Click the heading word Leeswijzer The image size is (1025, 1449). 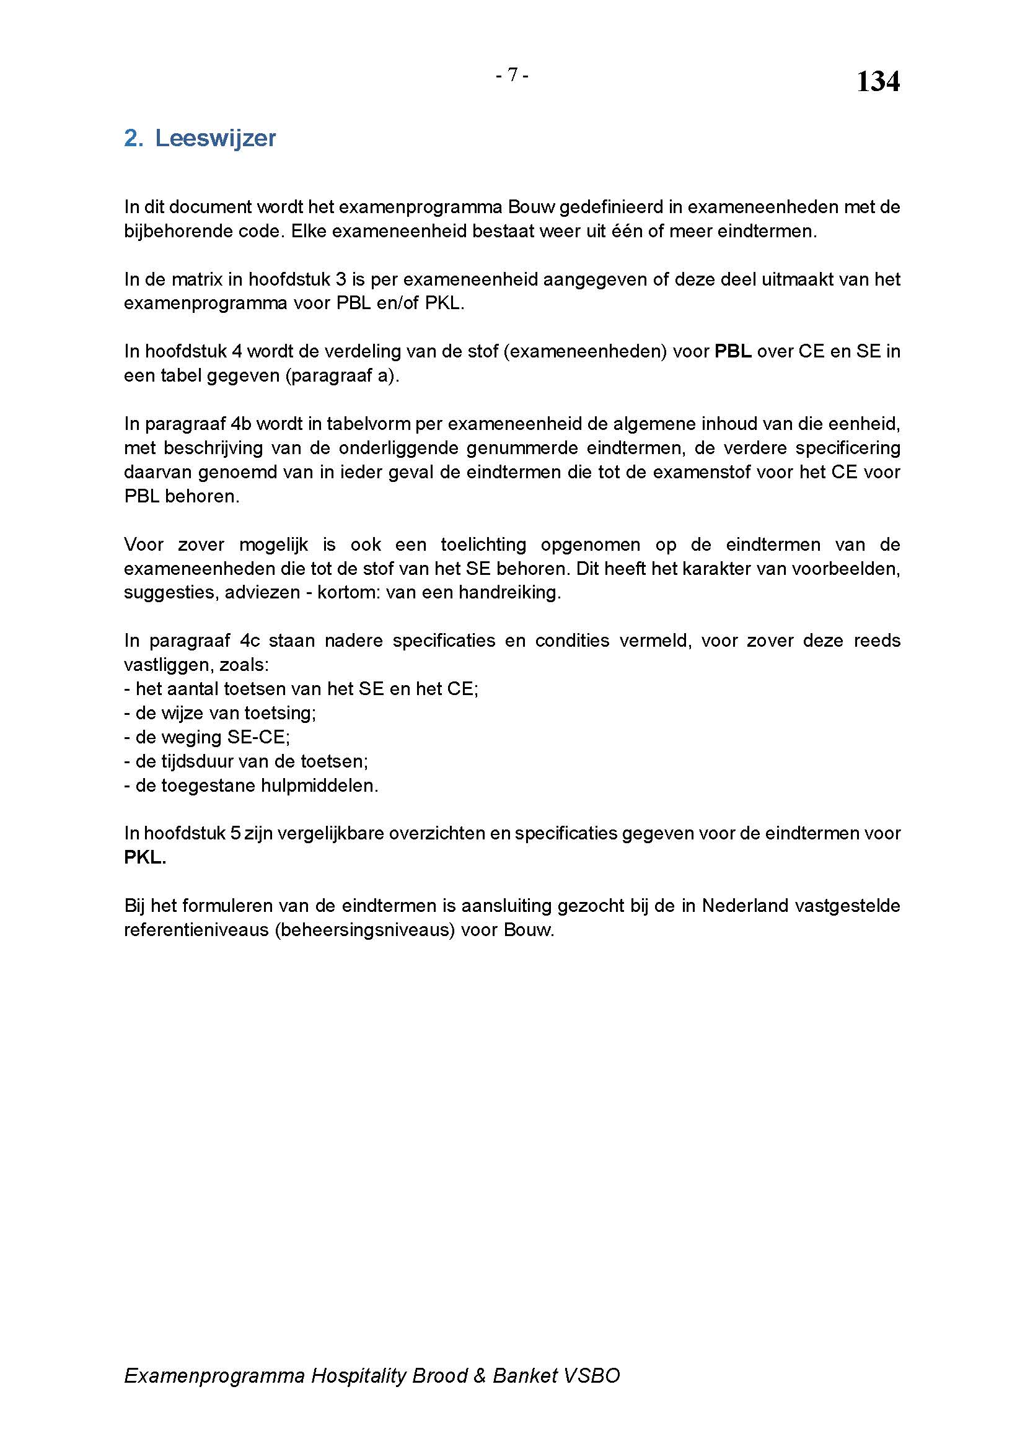(215, 138)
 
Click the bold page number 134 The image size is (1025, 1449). (878, 82)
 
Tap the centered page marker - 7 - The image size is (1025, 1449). (512, 76)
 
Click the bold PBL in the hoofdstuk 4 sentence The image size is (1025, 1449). (732, 351)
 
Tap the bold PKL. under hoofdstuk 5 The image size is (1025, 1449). (145, 857)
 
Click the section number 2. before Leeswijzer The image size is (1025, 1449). (134, 138)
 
